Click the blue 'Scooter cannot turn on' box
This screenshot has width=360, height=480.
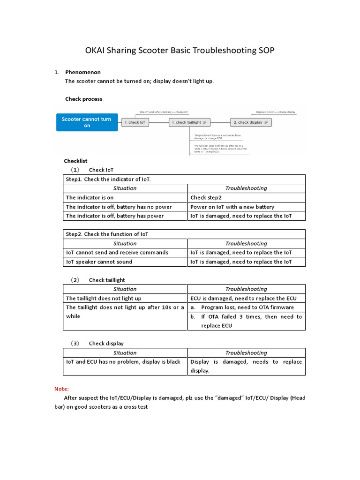point(87,122)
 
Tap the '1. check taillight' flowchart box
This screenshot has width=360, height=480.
point(190,122)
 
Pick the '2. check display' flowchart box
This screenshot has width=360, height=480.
point(251,122)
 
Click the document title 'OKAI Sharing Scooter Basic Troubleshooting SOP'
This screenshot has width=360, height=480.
point(180,51)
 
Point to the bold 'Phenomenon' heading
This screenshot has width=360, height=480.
point(82,72)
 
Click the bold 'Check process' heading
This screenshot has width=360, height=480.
point(83,99)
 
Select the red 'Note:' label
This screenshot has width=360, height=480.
point(61,389)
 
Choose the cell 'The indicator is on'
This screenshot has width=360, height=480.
point(90,198)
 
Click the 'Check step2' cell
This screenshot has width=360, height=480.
point(206,198)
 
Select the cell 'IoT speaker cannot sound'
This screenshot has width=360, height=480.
point(99,262)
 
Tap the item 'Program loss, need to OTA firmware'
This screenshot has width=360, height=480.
point(247,307)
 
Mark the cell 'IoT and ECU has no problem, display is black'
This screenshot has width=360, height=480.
point(123,362)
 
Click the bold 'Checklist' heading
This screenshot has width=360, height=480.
point(76,161)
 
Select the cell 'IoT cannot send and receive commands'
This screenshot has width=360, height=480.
point(117,252)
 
